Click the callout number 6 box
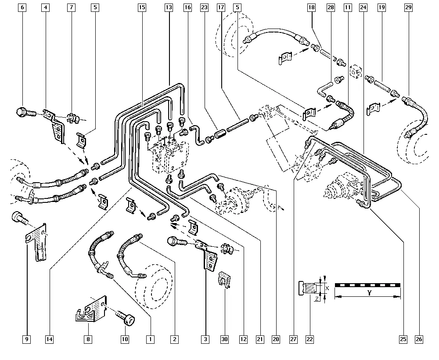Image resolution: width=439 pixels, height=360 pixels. coord(23,7)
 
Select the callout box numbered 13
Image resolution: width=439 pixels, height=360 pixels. coord(169,7)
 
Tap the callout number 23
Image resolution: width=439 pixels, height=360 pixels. coord(204,7)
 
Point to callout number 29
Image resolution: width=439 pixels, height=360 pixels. coord(408,7)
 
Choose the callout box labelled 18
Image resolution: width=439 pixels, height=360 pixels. coord(311,7)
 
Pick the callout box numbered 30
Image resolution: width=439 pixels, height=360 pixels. coord(225,339)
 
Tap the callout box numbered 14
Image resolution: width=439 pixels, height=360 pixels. coord(49,339)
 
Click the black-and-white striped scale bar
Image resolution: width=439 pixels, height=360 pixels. coord(368,285)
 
